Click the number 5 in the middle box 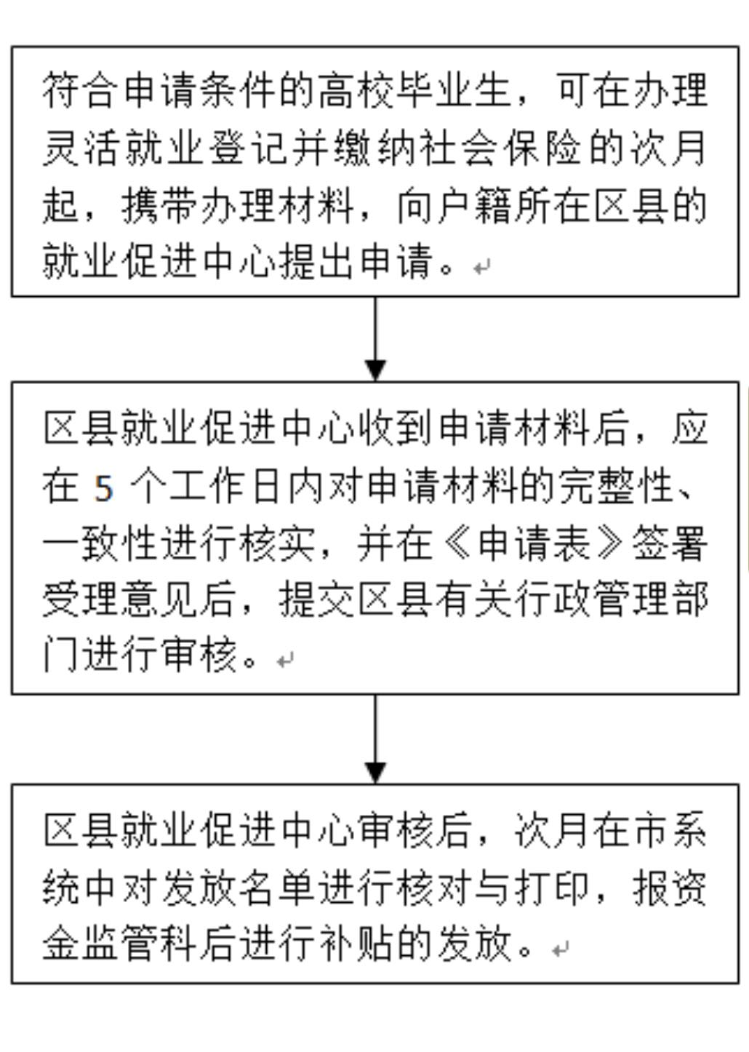tap(104, 489)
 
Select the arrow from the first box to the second tap(375, 338)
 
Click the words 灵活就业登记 tap(164, 148)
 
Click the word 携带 tap(159, 205)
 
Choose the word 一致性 tap(100, 543)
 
